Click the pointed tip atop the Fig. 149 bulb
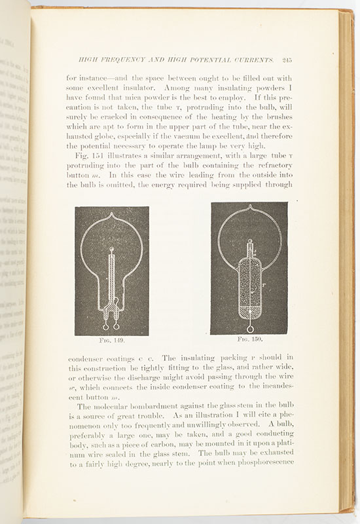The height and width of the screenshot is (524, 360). point(112,215)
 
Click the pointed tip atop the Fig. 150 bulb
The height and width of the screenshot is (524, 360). point(249,208)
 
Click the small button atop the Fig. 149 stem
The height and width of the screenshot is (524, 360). point(112,249)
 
